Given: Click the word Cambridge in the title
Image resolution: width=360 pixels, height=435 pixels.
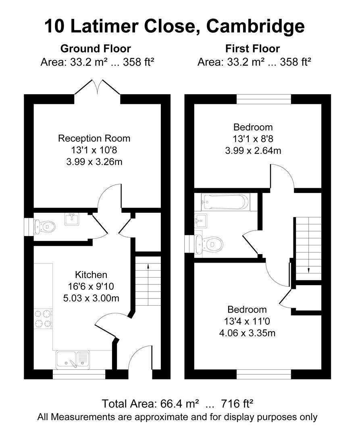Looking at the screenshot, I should pos(256,27).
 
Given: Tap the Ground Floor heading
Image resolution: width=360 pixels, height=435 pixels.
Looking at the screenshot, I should pos(96,49).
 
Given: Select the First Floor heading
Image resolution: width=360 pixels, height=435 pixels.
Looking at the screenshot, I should pos(252,49).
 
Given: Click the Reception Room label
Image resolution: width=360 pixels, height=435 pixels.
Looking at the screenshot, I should pos(94,139).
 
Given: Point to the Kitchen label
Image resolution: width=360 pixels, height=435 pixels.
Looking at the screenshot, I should pos(91,275).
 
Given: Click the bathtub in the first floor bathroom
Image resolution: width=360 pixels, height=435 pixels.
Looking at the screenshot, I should pos(226,202).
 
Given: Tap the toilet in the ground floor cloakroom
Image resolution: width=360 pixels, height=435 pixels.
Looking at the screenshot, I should pos(45,226).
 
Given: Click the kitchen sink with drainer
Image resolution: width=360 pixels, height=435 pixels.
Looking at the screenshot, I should pos(73,359).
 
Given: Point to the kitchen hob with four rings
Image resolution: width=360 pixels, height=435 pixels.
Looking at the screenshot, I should pos(43,318).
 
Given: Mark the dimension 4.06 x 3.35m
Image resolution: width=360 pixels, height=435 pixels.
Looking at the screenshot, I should pos(247,333).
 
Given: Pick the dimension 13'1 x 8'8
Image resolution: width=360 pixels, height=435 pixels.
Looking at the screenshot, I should pos(253,139).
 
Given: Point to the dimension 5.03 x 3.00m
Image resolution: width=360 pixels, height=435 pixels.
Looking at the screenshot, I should pos(91,298).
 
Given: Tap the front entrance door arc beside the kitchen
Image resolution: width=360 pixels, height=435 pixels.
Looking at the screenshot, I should pos(140,358).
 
